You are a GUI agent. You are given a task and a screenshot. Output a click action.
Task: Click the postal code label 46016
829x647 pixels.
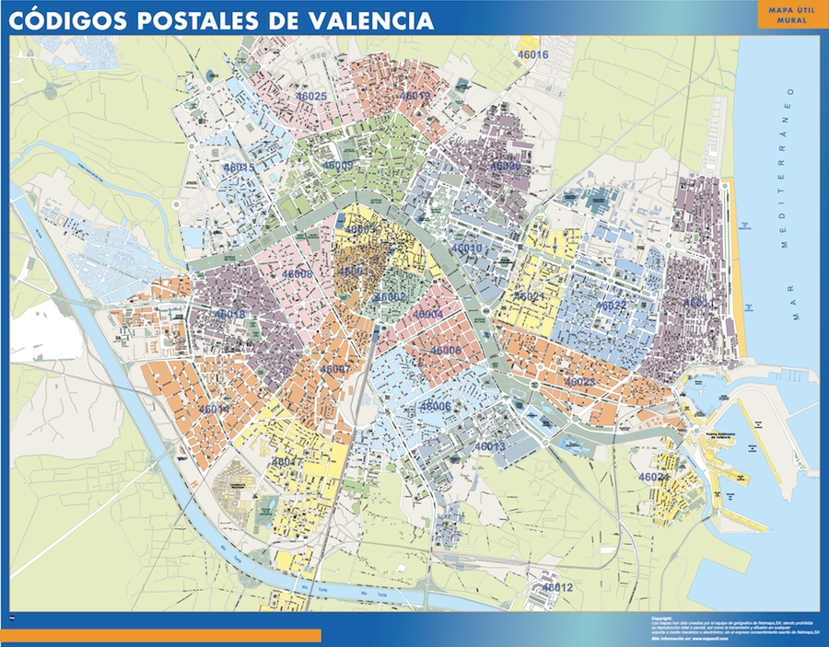pyautogui.click(x=533, y=55)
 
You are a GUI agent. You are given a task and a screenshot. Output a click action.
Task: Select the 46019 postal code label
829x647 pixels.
pyautogui.click(x=415, y=96)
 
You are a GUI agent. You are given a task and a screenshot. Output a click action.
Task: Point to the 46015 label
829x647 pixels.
pyautogui.click(x=239, y=168)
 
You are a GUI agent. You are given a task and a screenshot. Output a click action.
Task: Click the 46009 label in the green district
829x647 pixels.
pyautogui.click(x=338, y=166)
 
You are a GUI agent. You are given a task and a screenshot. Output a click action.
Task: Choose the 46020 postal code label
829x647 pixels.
pyautogui.click(x=505, y=167)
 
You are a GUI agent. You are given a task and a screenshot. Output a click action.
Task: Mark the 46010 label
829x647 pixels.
pyautogui.click(x=467, y=248)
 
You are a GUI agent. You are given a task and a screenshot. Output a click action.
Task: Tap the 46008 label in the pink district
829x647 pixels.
pyautogui.click(x=298, y=274)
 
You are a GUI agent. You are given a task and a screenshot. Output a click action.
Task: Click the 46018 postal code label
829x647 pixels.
pyautogui.click(x=230, y=314)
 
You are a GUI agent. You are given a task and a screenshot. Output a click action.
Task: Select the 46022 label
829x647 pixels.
pyautogui.click(x=611, y=306)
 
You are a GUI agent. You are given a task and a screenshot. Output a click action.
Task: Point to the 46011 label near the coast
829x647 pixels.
pyautogui.click(x=698, y=303)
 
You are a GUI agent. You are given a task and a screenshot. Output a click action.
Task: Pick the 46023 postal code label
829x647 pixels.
pyautogui.click(x=579, y=381)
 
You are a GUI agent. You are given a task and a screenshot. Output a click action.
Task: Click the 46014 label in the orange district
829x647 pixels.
pyautogui.click(x=213, y=409)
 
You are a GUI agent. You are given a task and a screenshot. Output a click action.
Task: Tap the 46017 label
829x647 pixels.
pyautogui.click(x=287, y=461)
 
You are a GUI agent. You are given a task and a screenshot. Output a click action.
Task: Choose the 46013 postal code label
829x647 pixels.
pyautogui.click(x=490, y=446)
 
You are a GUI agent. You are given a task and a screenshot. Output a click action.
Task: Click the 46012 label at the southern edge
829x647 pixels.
pyautogui.click(x=557, y=587)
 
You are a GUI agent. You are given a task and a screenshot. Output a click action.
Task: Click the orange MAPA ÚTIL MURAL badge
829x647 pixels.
pyautogui.click(x=782, y=16)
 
